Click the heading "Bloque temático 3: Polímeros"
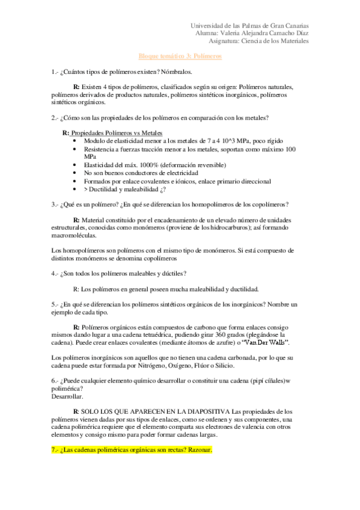pyautogui.click(x=180, y=56)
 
